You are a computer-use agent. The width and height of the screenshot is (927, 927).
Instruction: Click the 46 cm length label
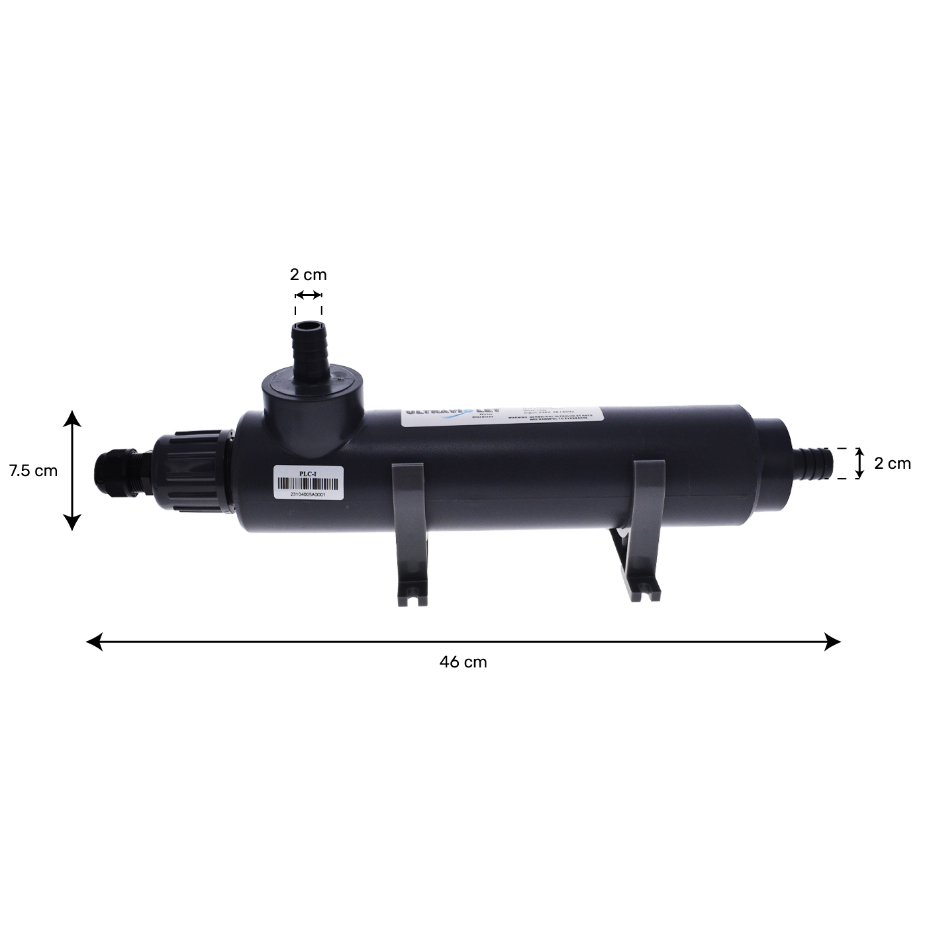(x=463, y=662)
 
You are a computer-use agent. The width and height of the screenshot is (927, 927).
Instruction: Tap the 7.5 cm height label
(x=33, y=471)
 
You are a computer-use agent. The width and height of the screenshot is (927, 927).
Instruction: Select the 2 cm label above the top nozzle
(x=308, y=274)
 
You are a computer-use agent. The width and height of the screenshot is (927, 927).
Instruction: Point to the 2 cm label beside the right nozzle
(x=892, y=463)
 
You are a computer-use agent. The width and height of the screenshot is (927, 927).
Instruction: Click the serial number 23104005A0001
(x=309, y=495)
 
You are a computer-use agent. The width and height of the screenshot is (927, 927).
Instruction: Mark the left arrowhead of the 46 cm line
(x=94, y=641)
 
